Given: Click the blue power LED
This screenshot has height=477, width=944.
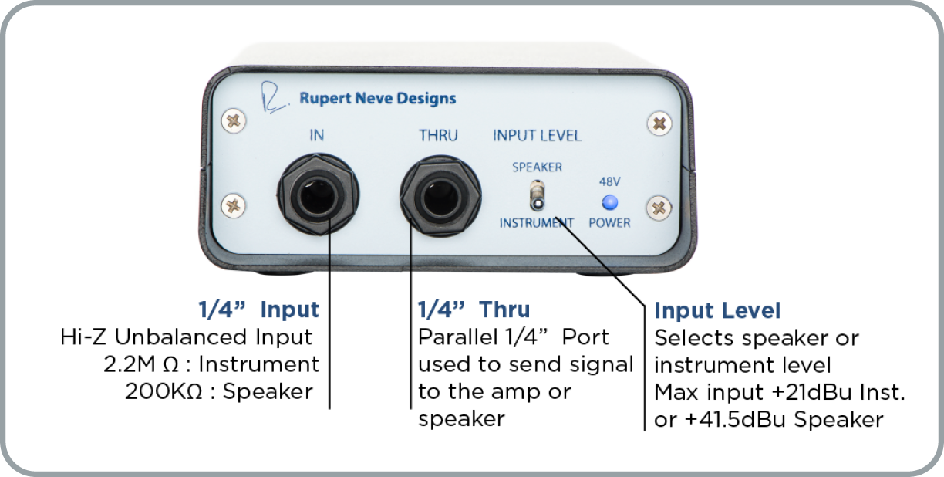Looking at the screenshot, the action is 610,203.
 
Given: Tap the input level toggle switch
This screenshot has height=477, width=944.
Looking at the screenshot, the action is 537,196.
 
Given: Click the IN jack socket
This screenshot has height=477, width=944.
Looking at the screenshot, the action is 318,195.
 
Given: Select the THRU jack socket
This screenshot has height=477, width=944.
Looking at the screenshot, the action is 440,196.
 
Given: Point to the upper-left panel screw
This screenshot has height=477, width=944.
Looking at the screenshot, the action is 234,121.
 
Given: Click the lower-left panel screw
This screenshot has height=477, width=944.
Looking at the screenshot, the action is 233,206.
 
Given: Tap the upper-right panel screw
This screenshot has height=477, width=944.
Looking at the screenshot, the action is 659,123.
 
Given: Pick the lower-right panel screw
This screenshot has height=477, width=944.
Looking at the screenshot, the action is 659,208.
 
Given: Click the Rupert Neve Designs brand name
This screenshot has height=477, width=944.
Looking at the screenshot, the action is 378,99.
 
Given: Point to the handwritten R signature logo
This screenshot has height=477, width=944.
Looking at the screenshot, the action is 274,97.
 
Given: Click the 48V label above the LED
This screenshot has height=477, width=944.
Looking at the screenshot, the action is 610,182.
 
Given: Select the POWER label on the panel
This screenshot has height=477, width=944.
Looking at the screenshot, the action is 609,223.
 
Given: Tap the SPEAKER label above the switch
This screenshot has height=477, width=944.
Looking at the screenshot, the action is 538,167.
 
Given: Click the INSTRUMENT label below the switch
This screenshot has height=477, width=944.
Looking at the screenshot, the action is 537,223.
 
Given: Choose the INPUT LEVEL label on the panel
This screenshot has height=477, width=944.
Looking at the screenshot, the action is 537,136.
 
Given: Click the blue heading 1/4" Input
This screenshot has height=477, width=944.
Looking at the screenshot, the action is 259,310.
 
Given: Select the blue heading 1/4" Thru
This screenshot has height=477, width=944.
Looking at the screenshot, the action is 474,310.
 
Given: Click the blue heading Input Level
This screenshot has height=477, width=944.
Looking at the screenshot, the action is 717,311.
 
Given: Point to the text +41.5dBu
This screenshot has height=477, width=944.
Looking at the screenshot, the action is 735,420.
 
